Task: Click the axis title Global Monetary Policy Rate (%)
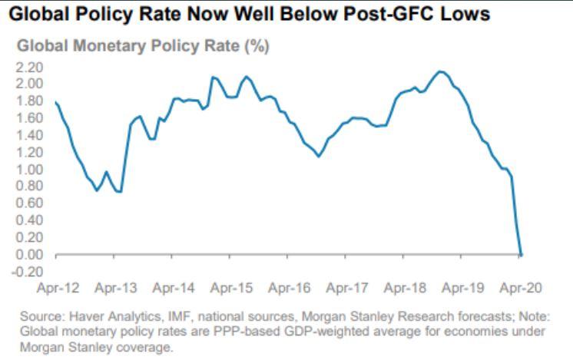[143, 47]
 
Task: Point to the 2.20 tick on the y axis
[30, 67]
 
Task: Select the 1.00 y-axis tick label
[30, 170]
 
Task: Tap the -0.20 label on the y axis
[28, 272]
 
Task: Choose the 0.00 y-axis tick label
[30, 255]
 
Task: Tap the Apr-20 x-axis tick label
[521, 289]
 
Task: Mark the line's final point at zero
[522, 254]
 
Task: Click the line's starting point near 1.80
[56, 101]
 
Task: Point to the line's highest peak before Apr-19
[439, 71]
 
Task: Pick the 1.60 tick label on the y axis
[30, 118]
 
